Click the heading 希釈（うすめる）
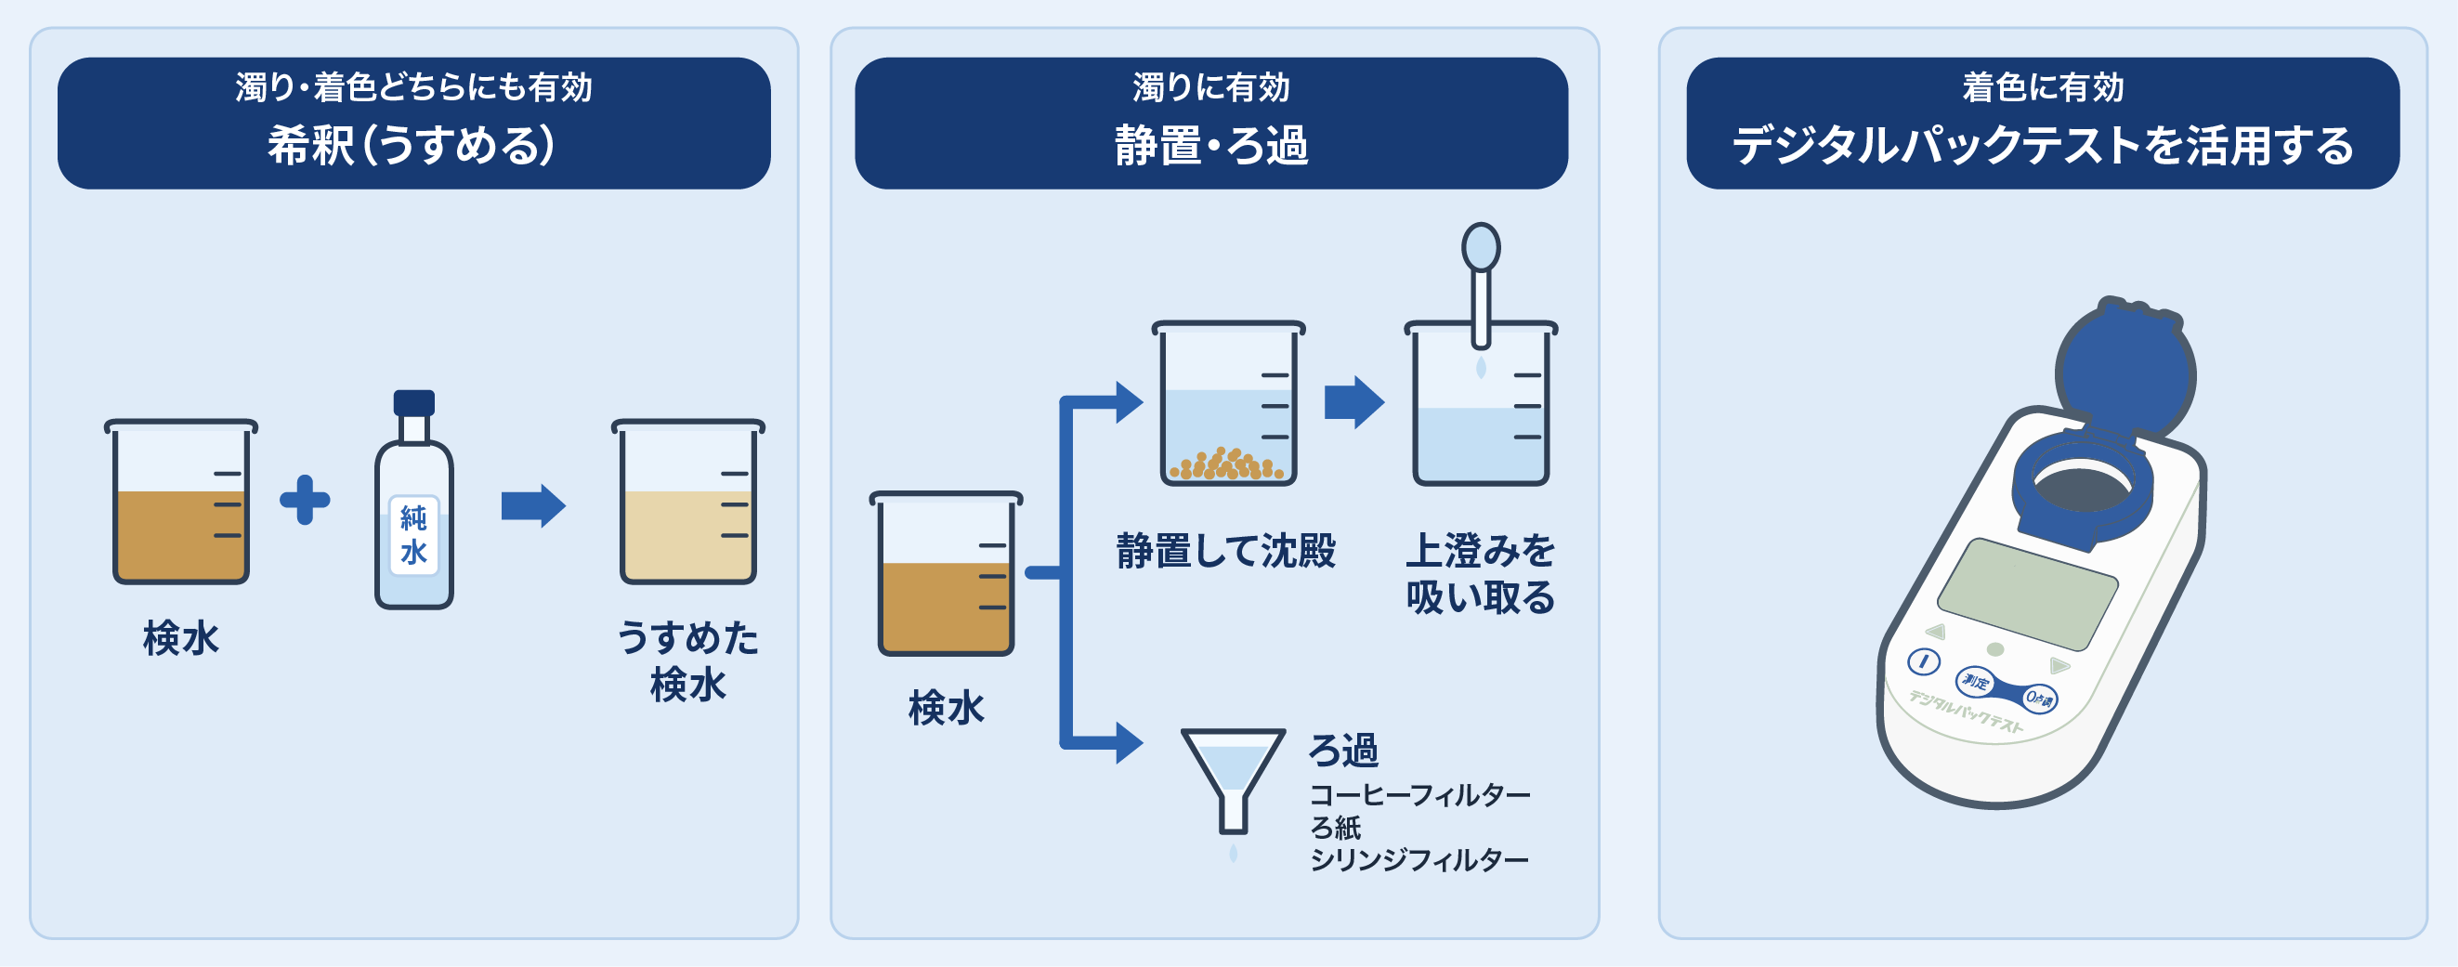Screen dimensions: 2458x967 [412, 146]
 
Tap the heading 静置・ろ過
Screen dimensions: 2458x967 [1210, 146]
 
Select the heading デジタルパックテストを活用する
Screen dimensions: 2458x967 [2043, 146]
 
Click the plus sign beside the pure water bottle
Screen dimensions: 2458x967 [305, 499]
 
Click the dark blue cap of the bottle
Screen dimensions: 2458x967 [414, 402]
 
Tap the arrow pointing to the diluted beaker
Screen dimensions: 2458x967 [533, 506]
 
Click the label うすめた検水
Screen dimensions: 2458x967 [688, 660]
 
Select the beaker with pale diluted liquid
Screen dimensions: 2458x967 [688, 503]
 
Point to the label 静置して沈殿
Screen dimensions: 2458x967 [1226, 551]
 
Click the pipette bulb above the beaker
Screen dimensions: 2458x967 [1481, 247]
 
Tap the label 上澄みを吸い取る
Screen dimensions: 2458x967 [1481, 574]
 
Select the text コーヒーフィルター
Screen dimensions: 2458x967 [1419, 794]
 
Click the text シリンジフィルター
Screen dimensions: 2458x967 [1419, 860]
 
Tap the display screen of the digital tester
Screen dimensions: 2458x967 [2028, 594]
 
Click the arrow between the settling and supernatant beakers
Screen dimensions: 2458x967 [1354, 402]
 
